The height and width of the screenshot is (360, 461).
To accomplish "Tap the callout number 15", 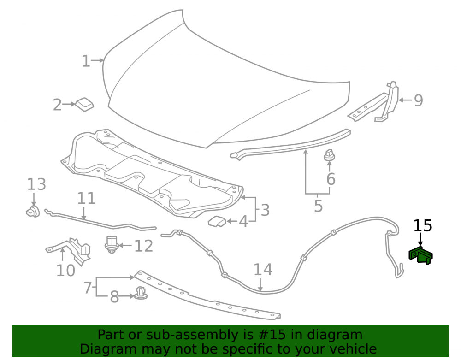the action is tap(423, 226).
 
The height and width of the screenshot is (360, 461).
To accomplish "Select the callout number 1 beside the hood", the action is tap(86, 61).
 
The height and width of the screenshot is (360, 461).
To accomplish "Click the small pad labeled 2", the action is tap(85, 104).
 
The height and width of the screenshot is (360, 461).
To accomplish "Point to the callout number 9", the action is tap(419, 100).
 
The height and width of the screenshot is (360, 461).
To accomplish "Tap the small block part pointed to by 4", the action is tap(217, 222).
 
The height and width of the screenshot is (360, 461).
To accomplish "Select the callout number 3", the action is tap(265, 210).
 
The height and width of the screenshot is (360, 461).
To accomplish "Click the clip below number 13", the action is tap(33, 211).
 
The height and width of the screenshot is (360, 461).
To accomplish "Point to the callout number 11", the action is tap(87, 198).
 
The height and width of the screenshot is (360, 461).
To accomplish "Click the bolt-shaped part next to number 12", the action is tap(112, 244).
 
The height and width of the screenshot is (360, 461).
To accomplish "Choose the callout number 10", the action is tap(65, 271).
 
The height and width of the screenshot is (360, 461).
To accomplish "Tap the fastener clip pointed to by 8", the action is tap(141, 293).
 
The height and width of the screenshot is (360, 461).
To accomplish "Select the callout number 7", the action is tap(88, 288).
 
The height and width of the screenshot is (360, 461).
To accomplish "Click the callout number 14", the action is tap(263, 270).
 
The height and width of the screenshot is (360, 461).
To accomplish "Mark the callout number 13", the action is tap(36, 184).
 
